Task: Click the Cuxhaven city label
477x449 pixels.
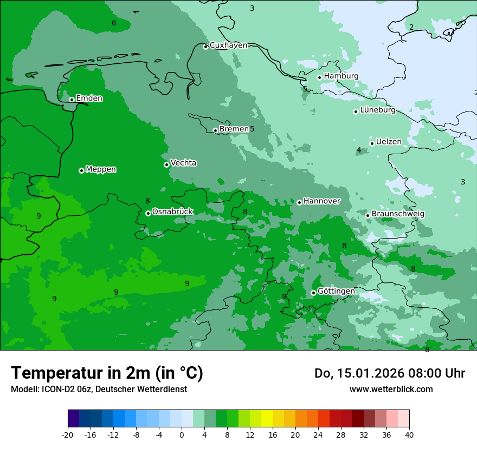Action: point(228,45)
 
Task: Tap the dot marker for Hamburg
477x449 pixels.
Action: point(320,77)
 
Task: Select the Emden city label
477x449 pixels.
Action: point(89,98)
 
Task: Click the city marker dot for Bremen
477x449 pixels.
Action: point(215,130)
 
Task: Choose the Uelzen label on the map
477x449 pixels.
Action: point(389,142)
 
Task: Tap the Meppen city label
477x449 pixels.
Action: point(101,170)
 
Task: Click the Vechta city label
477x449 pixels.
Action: point(183,163)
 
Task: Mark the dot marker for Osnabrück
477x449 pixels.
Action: point(148,213)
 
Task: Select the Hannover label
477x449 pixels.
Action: point(321,201)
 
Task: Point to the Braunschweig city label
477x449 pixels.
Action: point(398,214)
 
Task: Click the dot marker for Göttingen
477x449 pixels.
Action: point(313,293)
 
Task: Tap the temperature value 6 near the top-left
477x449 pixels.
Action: point(114,23)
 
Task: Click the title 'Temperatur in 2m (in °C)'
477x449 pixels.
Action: point(107,373)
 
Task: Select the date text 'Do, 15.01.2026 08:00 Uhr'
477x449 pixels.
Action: point(389,373)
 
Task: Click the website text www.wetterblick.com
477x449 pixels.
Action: point(391,389)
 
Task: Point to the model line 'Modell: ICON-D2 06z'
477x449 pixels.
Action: point(99,389)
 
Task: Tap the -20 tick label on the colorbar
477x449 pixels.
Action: point(68,434)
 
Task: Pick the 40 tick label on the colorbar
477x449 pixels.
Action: point(409,434)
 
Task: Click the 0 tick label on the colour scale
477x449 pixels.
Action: point(182,434)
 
